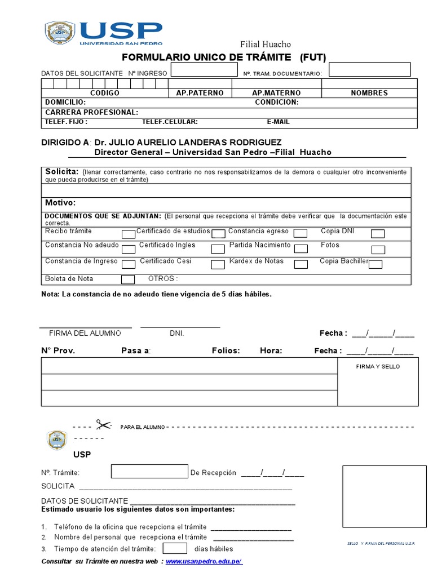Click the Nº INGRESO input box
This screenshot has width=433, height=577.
[204, 70]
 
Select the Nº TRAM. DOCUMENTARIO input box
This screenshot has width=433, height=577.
[370, 69]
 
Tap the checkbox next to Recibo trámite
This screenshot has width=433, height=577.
[129, 234]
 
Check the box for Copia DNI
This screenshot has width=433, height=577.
[377, 234]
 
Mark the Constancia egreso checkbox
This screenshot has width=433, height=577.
[301, 233]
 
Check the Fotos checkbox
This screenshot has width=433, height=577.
[378, 249]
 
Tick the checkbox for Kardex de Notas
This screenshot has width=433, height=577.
[301, 264]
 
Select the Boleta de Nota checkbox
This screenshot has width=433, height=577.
[129, 279]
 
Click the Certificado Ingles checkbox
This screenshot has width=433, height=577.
[218, 248]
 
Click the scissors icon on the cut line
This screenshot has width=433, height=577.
[103, 425]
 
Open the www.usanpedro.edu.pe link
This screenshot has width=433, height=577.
[204, 562]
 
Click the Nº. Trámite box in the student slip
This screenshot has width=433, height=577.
[149, 472]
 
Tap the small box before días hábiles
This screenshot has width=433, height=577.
[175, 548]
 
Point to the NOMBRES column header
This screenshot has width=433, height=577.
[369, 93]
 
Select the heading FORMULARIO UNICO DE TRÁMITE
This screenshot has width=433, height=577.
[207, 57]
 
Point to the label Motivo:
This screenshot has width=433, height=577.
[60, 203]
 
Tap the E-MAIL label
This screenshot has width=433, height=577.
[278, 122]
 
